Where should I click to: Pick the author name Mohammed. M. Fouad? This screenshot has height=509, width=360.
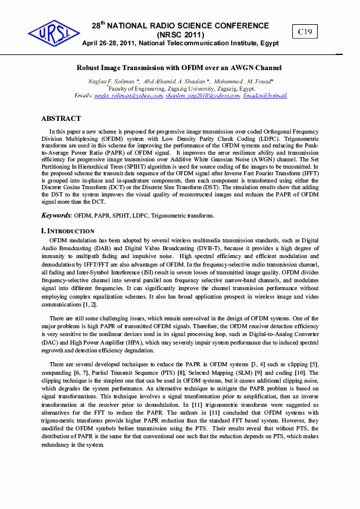(245, 80)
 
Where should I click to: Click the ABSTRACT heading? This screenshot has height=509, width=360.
(61, 118)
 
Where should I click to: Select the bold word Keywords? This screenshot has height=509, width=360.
(56, 215)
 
